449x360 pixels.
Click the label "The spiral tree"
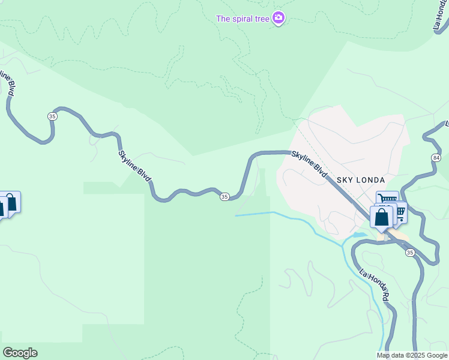tap(243, 19)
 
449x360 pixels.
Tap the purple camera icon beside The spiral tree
tap(278, 18)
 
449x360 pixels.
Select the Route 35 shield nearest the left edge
tap(53, 116)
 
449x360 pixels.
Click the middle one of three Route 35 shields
tap(224, 196)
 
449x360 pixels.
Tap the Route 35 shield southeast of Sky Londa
tap(410, 253)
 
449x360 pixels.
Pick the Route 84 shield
tap(436, 157)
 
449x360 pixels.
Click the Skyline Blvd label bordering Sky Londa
tap(310, 164)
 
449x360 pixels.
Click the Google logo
tap(20, 353)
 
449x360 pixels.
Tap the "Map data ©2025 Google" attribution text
tap(412, 355)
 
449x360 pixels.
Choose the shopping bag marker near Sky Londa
tap(381, 218)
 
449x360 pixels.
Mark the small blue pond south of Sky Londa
tap(359, 235)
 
